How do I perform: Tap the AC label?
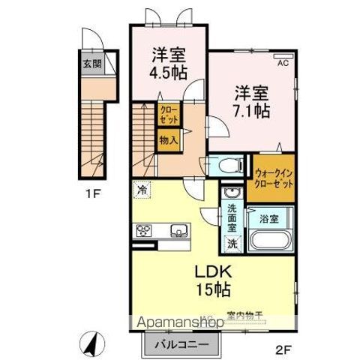283,64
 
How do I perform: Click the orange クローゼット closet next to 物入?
168,114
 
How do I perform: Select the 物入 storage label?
168,139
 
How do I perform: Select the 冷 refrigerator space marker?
142,190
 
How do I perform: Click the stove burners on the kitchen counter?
143,231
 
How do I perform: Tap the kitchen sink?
179,231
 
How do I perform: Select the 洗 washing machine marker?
232,243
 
